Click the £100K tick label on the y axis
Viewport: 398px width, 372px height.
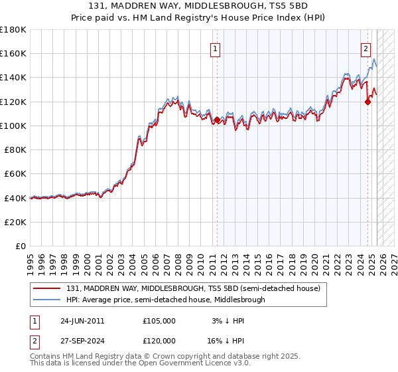point(13,126)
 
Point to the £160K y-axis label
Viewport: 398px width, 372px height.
point(13,53)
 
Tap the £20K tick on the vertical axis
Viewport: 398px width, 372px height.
point(15,222)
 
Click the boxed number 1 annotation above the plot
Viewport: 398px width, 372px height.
point(216,48)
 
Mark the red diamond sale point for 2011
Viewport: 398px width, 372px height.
point(217,120)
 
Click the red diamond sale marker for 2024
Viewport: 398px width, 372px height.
point(367,102)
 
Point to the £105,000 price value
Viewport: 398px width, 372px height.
point(159,321)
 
